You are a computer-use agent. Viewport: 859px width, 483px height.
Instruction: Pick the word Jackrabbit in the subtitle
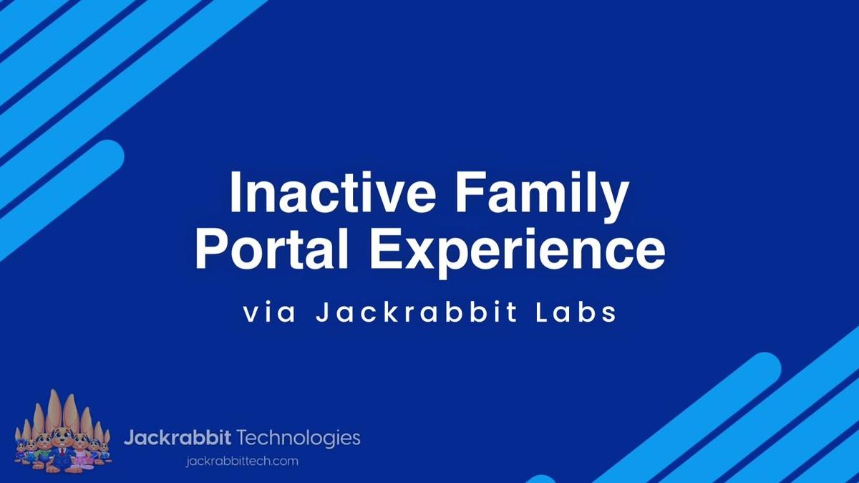[x=414, y=314]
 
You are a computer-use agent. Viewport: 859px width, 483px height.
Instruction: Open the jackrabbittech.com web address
[x=241, y=461]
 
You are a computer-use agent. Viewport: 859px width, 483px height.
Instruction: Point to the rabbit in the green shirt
[x=44, y=451]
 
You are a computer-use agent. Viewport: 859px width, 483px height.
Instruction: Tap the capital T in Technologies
[x=242, y=437]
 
